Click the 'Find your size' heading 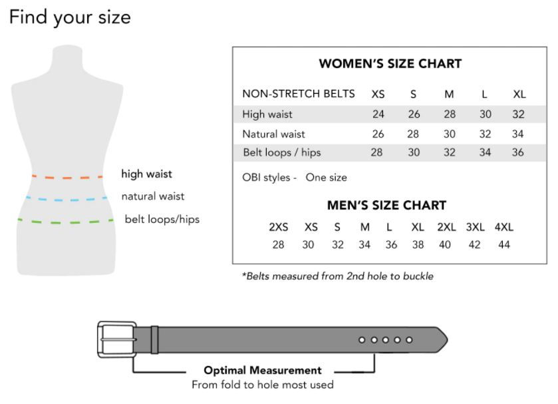pos(70,17)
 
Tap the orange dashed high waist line pos(67,177)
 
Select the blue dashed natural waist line pos(67,198)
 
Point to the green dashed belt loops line pos(67,220)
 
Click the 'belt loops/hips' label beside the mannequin pos(162,219)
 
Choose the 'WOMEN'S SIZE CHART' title pos(390,64)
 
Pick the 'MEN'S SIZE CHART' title pos(386,205)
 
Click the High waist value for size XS pos(378,114)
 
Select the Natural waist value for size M pos(449,134)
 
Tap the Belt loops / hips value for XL pos(518,152)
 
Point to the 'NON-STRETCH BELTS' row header pos(299,94)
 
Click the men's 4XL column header pos(504,227)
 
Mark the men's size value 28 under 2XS pos(278,245)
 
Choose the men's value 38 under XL pos(417,245)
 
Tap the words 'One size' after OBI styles pos(326,178)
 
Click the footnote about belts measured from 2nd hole pos(337,276)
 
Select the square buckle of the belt pos(115,339)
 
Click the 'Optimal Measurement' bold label pos(262,371)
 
